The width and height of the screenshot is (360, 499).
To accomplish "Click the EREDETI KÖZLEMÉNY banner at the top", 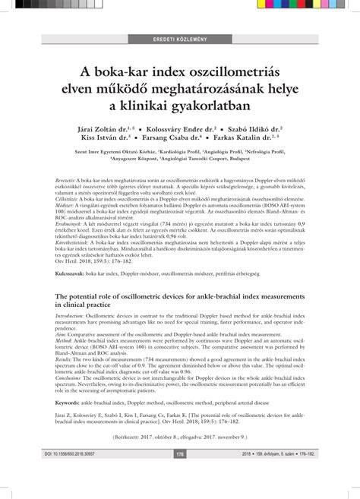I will tap(179, 38).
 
